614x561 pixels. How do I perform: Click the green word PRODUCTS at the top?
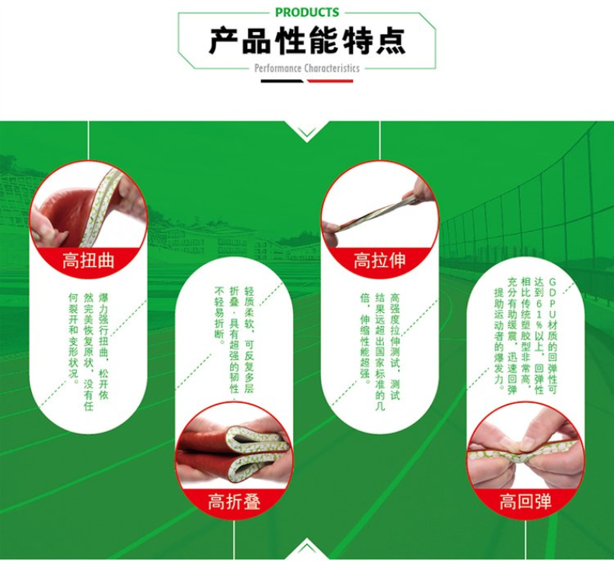307,12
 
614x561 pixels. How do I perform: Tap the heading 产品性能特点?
307,41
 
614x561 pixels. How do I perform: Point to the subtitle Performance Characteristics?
307,68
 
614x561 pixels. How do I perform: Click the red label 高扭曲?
89,261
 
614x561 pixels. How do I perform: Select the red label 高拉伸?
379,261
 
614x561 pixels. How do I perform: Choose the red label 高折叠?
234,501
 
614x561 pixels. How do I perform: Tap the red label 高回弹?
525,501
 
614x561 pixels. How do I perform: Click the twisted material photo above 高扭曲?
89,207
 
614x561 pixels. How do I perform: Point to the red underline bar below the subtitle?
330,81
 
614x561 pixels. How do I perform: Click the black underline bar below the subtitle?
282,81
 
